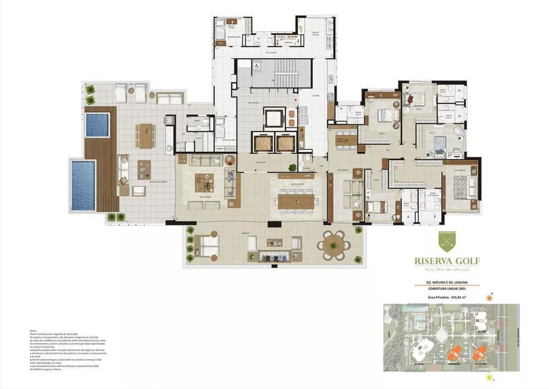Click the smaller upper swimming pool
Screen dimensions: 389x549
tap(97, 125)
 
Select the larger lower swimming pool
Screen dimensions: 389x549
tap(83, 185)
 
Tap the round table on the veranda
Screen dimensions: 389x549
tap(334, 244)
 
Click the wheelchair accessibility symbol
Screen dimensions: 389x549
tap(256, 64)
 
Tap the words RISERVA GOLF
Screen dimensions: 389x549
tap(445, 260)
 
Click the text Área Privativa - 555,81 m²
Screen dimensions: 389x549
tap(445, 297)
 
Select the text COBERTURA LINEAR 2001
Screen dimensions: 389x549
tap(445, 290)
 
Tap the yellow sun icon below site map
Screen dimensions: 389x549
tap(489, 378)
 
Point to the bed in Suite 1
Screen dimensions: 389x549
tap(376, 207)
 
